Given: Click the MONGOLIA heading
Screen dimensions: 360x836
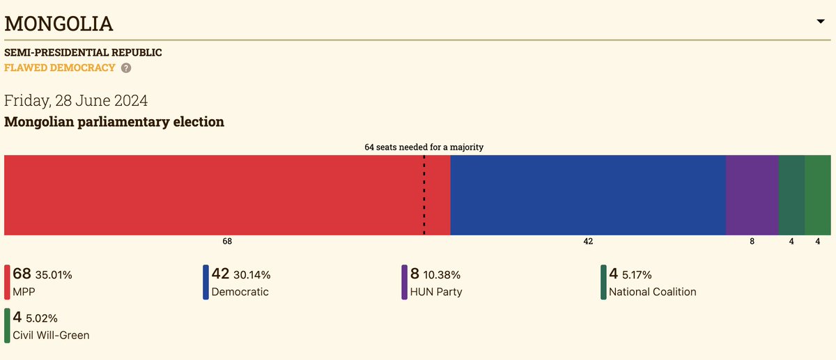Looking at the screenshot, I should pos(59,24).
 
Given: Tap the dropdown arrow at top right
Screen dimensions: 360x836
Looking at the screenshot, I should pos(820,22).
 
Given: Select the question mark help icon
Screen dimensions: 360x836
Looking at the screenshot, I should pos(125,68).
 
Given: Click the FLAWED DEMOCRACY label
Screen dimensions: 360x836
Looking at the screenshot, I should pos(60,68).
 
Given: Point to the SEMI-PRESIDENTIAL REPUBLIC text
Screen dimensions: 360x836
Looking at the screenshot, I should pos(83,52).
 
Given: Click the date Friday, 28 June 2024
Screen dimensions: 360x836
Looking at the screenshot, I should pos(76,100).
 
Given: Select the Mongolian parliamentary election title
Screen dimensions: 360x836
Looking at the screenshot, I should pos(114,122).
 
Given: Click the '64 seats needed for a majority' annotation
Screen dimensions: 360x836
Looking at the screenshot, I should pos(424,147).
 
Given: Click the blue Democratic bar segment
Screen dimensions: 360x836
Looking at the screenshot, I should pos(588,195).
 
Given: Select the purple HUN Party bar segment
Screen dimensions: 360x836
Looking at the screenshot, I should pos(752,195).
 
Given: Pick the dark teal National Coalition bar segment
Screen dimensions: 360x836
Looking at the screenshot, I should pos(791,195).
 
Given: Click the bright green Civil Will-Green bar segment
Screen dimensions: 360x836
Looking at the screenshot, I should pos(817,195).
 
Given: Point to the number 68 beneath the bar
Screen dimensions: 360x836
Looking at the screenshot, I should pos(227,242).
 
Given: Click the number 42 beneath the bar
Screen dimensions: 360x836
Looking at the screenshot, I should pos(588,242).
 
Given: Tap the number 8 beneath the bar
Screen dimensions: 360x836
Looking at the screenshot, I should pos(752,242).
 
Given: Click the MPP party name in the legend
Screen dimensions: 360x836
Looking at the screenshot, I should pos(24,292).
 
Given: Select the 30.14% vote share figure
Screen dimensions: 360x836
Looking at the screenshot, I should pos(252,275).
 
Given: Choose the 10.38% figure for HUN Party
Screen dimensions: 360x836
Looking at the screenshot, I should pos(441,275).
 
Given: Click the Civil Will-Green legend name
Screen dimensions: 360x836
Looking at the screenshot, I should pos(51,336).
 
